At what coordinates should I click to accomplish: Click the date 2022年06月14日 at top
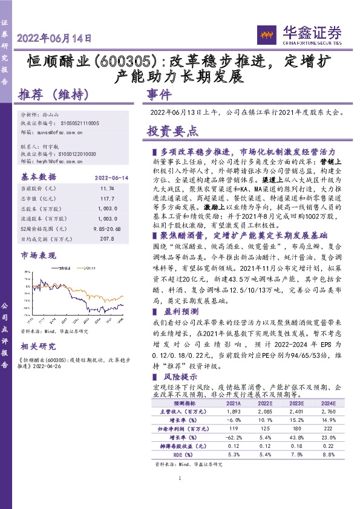coord(55,37)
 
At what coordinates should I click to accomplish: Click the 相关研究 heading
coord(38,346)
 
